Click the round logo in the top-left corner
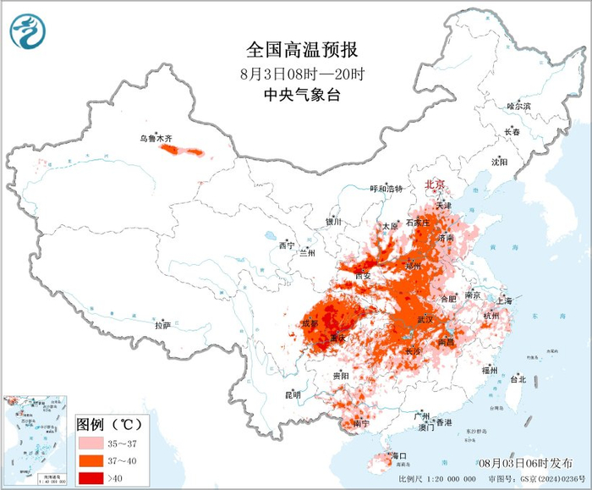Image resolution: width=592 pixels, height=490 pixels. (27, 31)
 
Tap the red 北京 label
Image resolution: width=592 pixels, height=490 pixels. (434, 184)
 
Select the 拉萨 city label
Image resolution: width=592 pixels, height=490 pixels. (163, 325)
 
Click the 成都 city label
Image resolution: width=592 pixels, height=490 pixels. (310, 323)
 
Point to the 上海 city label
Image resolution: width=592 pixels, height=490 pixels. (505, 300)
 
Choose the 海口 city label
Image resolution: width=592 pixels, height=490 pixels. (397, 456)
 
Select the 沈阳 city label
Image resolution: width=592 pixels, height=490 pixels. (499, 162)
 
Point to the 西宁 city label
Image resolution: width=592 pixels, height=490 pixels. (287, 245)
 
